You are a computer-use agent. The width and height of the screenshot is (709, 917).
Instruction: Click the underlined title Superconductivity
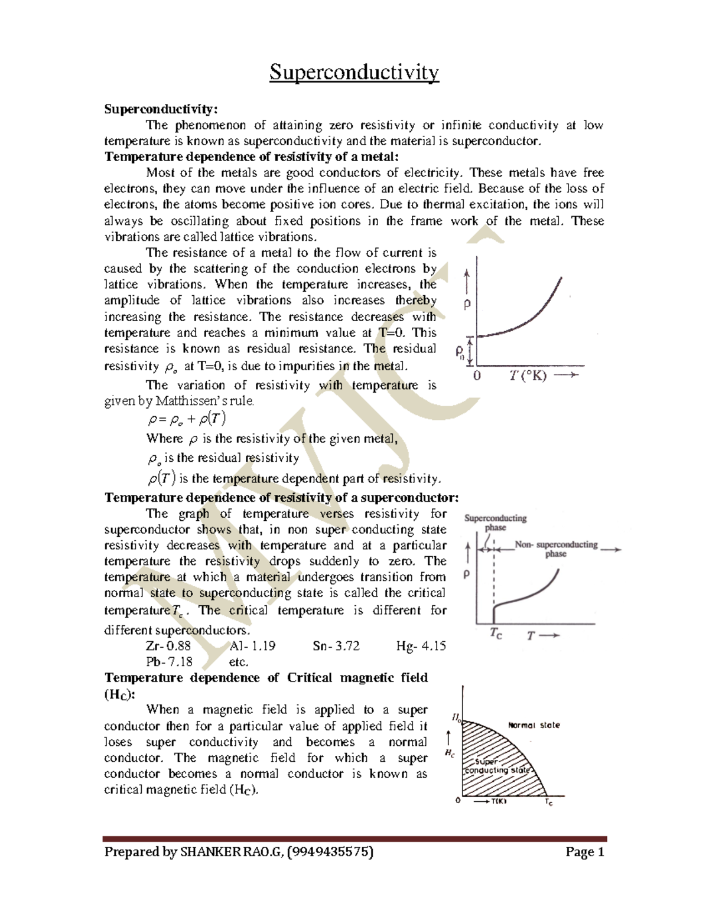point(354,73)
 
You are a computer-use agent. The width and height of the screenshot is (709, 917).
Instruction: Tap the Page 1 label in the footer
point(584,852)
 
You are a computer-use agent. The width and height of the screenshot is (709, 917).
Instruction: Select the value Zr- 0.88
point(168,646)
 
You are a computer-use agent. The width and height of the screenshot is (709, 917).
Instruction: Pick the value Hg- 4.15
point(421,646)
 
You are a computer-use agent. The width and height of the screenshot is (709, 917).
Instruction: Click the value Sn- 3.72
point(336,646)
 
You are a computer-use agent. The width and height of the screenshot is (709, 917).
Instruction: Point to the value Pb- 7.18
point(169,662)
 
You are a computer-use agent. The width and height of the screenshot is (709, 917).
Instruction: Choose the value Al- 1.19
point(252,646)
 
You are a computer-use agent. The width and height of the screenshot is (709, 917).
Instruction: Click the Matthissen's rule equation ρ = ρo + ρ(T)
point(187,419)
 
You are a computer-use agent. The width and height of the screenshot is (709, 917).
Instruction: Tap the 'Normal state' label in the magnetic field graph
point(534,725)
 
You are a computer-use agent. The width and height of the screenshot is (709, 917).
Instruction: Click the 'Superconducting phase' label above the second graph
point(495,523)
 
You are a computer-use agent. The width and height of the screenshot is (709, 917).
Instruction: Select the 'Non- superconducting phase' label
point(556,549)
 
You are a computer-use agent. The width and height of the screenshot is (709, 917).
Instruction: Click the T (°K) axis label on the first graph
point(528,376)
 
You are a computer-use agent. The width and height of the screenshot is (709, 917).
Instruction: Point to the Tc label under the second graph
point(496,634)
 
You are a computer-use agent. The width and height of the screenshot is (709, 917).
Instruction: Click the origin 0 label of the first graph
point(477,376)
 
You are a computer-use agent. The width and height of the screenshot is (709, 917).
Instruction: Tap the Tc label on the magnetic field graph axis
point(549,802)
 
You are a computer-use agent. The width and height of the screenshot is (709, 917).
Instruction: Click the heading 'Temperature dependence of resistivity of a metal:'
point(252,156)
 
